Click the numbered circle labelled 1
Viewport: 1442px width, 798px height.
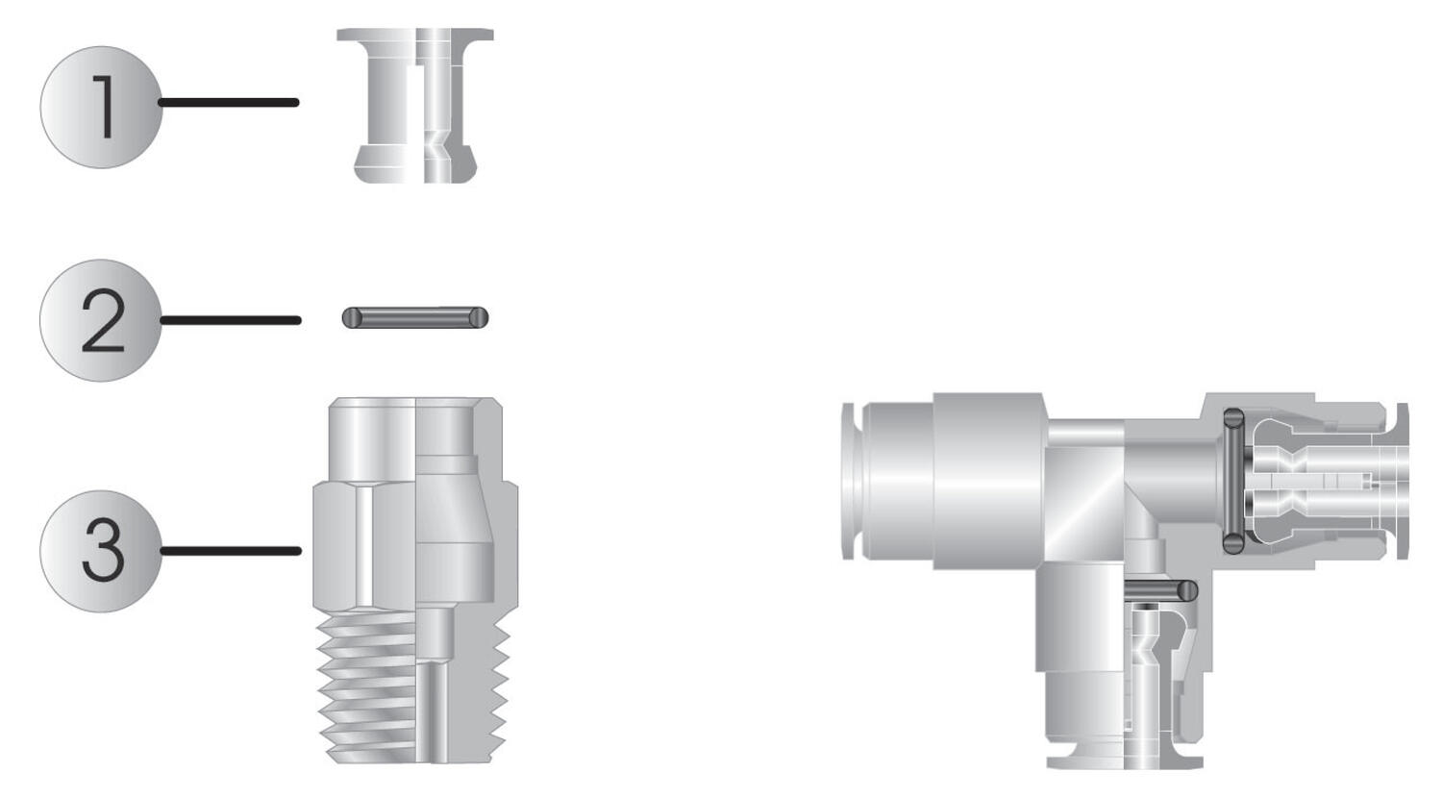(101, 107)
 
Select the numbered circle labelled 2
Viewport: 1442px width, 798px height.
(101, 320)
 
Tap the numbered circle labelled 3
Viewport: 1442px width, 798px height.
(101, 551)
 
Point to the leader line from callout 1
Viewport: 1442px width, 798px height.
(229, 103)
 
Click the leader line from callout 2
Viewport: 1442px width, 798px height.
(230, 320)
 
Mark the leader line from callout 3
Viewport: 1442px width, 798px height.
(231, 551)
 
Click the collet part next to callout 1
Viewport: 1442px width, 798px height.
(415, 106)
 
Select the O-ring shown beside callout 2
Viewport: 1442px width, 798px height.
(415, 317)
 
